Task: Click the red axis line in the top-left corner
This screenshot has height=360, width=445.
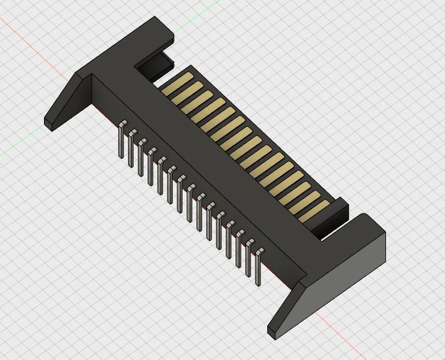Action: pos(26,39)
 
